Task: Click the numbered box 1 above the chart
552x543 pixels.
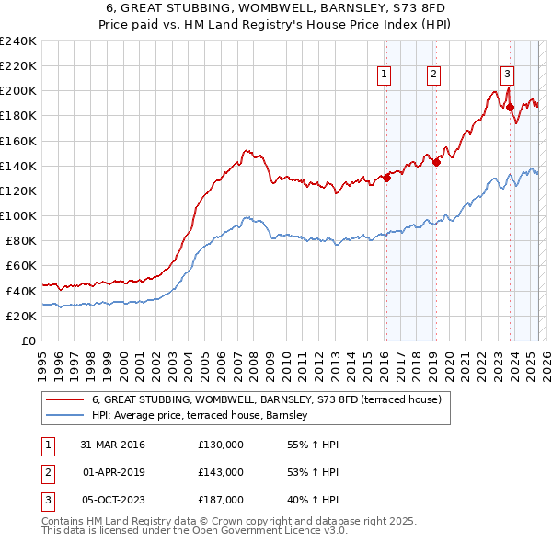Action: tap(383, 75)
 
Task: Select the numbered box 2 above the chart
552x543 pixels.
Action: tap(432, 75)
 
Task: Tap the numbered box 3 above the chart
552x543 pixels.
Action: tap(507, 75)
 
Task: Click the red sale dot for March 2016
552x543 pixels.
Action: tap(387, 179)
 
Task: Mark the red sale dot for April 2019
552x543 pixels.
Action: tap(436, 162)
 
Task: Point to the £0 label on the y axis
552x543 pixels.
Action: tap(28, 341)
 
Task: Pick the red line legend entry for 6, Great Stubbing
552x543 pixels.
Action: tap(267, 399)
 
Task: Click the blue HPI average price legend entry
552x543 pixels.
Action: tap(204, 416)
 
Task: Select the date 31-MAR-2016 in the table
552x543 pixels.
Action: tap(113, 445)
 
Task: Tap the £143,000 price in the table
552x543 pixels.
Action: tap(221, 472)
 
